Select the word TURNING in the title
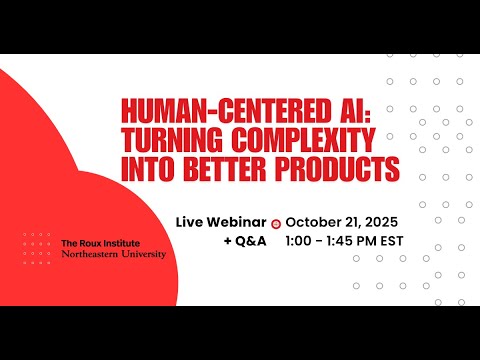[172, 138]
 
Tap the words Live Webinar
[221, 222]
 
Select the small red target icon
[275, 224]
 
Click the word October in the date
[313, 222]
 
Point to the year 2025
[381, 222]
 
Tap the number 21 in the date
[350, 222]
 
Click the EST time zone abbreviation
[391, 241]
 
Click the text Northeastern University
[113, 254]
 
